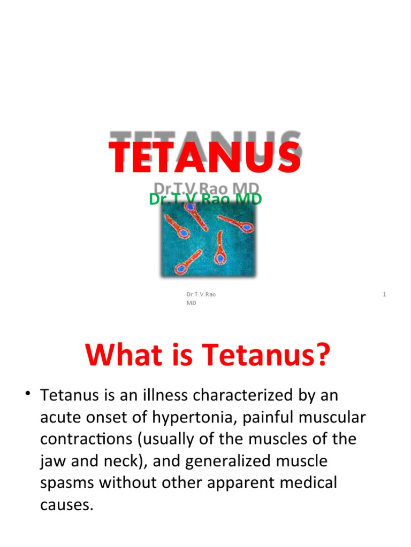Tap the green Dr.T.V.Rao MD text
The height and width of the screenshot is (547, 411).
tap(205, 199)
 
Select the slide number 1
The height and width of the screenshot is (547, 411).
tap(385, 294)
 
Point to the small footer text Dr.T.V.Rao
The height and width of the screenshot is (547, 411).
tap(201, 294)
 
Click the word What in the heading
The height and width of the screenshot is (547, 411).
tap(117, 354)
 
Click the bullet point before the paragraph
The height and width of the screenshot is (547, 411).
tap(26, 395)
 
